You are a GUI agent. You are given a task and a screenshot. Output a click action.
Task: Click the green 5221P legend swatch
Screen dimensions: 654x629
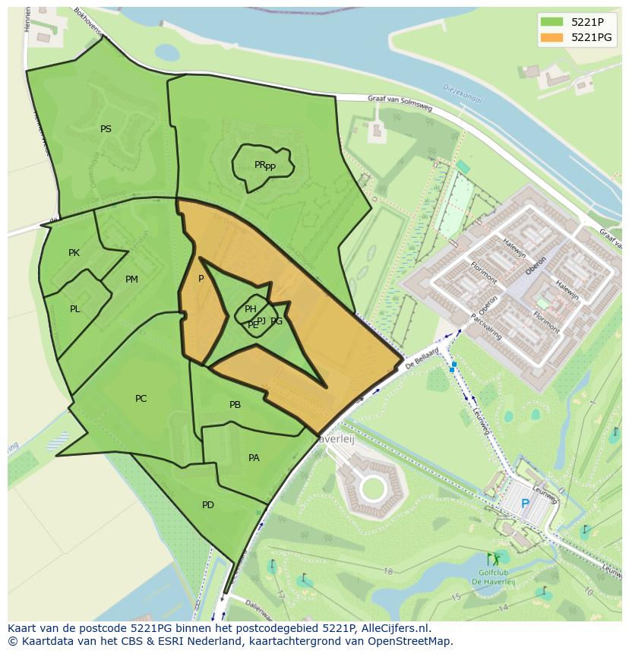[x=552, y=21]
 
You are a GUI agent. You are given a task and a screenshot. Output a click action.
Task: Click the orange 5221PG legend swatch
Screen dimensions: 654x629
[x=552, y=37]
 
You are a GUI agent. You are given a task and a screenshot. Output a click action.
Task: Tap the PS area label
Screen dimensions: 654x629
[x=106, y=129]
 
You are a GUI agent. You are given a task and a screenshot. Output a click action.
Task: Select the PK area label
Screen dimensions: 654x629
[x=74, y=253]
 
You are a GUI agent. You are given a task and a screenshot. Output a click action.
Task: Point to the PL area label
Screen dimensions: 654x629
[x=75, y=309]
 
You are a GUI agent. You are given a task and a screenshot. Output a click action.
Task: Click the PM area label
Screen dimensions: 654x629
[x=131, y=280]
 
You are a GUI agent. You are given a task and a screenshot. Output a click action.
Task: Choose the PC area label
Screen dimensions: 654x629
[x=141, y=399]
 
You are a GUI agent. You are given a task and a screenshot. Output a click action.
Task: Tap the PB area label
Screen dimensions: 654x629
[x=235, y=405]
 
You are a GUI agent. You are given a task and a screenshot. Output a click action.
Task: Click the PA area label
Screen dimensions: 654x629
[x=254, y=458]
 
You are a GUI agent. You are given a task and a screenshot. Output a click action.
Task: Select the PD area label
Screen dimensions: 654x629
[x=207, y=505]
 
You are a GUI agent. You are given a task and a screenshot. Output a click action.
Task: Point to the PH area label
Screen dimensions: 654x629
[x=250, y=308]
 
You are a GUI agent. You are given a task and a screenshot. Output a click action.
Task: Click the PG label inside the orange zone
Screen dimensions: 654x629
[x=277, y=321]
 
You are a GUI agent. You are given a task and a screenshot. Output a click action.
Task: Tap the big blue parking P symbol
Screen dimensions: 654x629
[x=525, y=503]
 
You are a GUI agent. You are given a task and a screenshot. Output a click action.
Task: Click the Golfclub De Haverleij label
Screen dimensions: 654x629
[x=493, y=577]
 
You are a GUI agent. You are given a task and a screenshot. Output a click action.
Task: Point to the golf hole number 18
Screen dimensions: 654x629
[x=388, y=571]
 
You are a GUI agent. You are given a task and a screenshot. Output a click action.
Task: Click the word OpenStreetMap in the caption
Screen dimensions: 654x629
[x=406, y=641]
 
